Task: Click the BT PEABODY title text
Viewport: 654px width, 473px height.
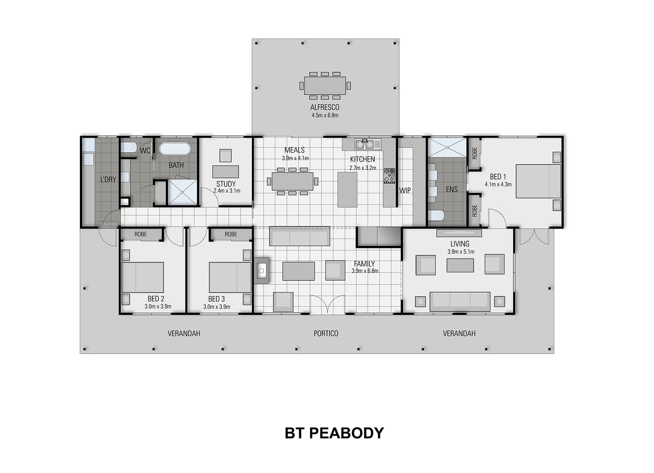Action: [334, 433]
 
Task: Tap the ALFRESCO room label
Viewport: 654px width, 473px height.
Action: [325, 107]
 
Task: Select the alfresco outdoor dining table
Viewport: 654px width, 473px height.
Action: [325, 85]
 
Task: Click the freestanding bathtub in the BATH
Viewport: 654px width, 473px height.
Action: [175, 149]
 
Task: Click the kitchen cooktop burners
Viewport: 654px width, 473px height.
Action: [389, 176]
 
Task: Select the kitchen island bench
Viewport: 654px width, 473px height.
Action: [347, 189]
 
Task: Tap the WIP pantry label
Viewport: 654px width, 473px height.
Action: [405, 190]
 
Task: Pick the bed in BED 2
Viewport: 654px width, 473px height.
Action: [142, 277]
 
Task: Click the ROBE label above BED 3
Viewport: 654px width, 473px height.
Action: [231, 234]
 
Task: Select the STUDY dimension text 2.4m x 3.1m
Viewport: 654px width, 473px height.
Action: [227, 190]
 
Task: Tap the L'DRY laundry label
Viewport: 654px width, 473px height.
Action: [108, 179]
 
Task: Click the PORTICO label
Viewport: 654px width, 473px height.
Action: [326, 333]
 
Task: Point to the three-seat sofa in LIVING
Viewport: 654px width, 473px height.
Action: [460, 301]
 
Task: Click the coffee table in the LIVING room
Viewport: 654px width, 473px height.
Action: [460, 265]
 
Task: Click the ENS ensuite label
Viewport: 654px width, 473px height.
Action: [451, 189]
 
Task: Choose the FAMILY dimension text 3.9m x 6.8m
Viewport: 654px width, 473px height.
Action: [365, 271]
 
